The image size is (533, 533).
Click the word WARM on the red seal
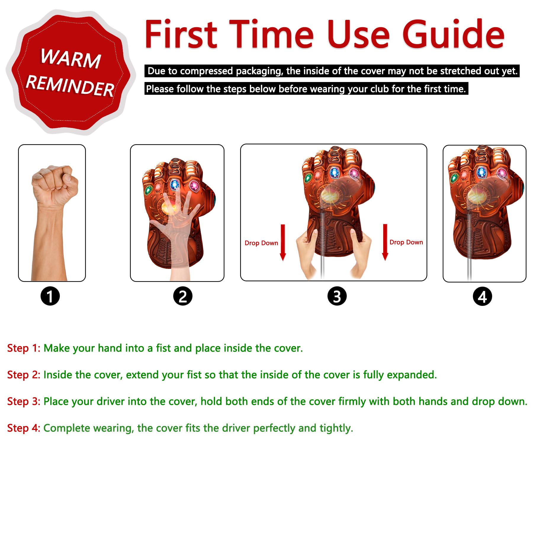pos(71,58)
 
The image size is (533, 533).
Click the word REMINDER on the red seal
pos(70,86)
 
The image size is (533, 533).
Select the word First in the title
pos(181,34)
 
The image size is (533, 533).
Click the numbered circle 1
pos(50,296)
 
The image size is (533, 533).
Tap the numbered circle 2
pos(183,296)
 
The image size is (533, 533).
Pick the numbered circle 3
pos(337,296)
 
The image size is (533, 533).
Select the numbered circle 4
pos(482,296)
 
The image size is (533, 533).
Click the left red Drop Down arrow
pos(283,243)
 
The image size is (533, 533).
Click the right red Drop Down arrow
pos(385,242)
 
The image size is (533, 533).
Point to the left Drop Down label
pos(261,243)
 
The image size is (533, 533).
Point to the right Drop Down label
pos(406,242)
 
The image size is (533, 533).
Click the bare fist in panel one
pos(55,185)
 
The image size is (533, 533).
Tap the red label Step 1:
pos(24,348)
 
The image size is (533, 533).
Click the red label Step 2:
pos(24,375)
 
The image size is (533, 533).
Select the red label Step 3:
pos(24,402)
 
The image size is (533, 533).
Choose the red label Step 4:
pos(24,428)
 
